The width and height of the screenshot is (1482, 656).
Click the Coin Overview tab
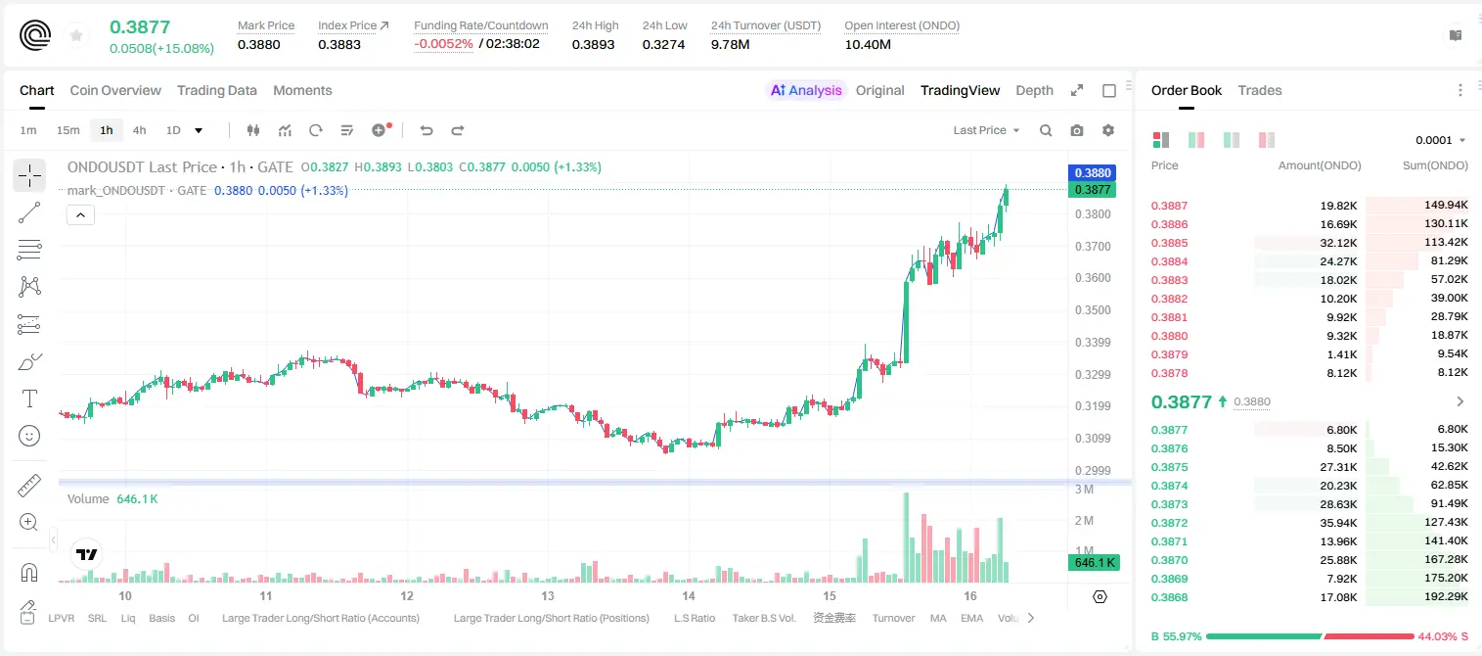click(x=115, y=90)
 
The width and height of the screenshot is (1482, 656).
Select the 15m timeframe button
click(x=67, y=130)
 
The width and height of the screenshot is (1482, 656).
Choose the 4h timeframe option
click(x=139, y=130)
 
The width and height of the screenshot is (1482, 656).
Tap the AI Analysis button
click(x=806, y=90)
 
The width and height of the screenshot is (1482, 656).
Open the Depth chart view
click(x=1034, y=90)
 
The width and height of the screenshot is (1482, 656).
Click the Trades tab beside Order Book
click(x=1260, y=90)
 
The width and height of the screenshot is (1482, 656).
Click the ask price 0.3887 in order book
click(x=1169, y=206)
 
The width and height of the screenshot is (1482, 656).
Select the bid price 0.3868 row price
click(x=1169, y=597)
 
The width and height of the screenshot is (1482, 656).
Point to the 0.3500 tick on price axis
click(x=1093, y=309)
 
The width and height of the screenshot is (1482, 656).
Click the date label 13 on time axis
click(x=548, y=595)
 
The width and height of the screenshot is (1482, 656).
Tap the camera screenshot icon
click(x=1077, y=130)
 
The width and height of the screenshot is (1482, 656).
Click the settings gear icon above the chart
click(x=1108, y=130)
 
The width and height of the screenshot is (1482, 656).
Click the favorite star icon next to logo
click(x=76, y=35)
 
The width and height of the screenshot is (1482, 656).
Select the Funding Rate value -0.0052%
click(x=443, y=44)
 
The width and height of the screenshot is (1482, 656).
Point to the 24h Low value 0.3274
click(x=663, y=44)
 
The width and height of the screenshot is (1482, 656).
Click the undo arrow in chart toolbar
click(x=427, y=130)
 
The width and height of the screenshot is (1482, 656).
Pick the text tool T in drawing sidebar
click(x=29, y=398)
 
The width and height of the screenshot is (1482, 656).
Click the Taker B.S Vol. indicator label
click(x=763, y=618)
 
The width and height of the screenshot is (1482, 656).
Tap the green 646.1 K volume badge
click(x=1094, y=563)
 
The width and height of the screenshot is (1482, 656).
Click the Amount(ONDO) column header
click(x=1320, y=165)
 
